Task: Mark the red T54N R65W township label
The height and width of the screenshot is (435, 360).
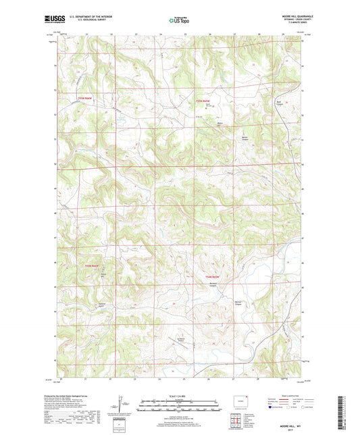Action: click(212, 276)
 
